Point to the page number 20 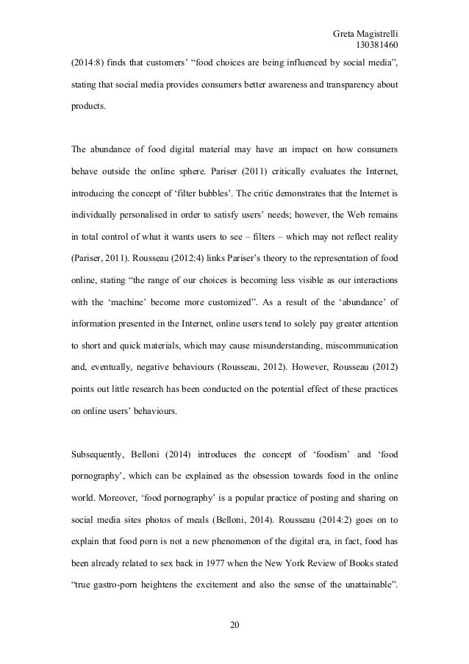pos(234,625)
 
